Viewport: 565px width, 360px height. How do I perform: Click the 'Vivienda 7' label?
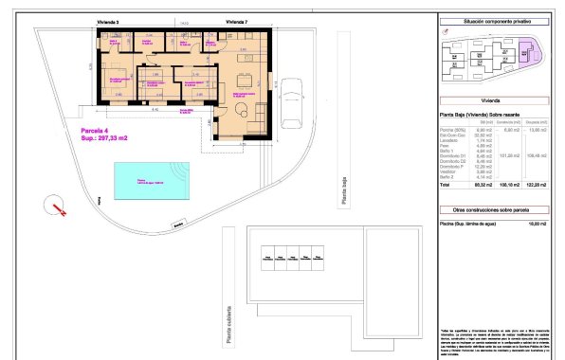(x=237, y=20)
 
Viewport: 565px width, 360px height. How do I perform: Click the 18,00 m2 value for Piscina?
(x=537, y=223)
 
